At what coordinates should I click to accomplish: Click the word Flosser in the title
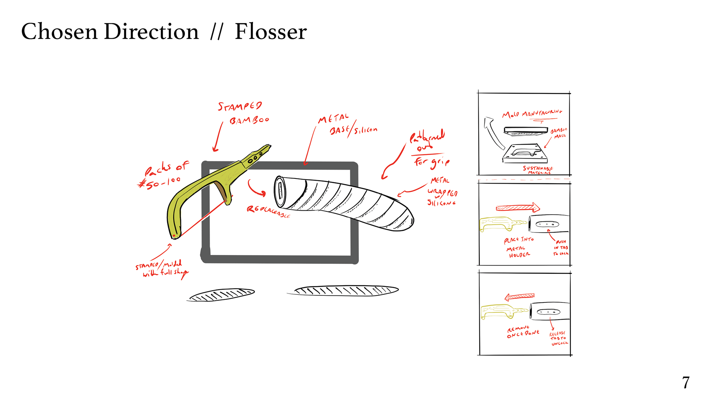[x=271, y=31]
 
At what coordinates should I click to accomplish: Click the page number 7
[x=686, y=383]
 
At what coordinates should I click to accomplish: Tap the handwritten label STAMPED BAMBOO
[x=243, y=113]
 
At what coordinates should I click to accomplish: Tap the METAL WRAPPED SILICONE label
[x=442, y=192]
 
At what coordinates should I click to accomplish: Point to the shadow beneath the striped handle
[x=346, y=291]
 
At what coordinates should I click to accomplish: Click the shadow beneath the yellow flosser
[x=222, y=294]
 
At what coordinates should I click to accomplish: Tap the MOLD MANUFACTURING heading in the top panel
[x=532, y=114]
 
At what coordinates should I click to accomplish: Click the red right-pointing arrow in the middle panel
[x=518, y=208]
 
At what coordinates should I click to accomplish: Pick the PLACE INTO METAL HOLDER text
[x=518, y=247]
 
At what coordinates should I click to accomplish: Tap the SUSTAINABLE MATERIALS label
[x=537, y=170]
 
